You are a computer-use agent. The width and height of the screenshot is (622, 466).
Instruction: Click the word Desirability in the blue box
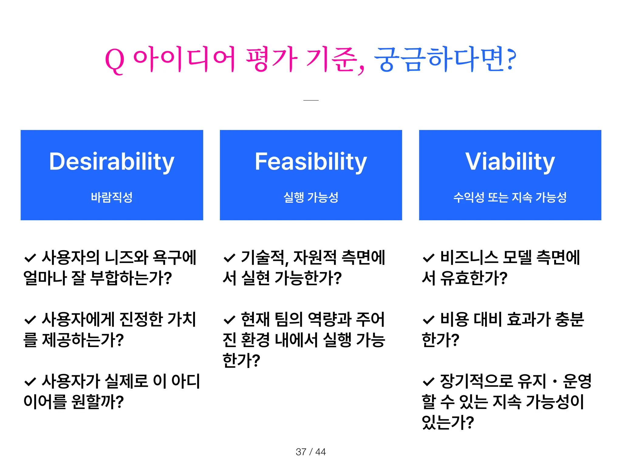111,161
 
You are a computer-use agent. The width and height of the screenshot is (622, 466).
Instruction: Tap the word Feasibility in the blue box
311,161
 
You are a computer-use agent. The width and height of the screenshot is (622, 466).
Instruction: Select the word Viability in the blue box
510,161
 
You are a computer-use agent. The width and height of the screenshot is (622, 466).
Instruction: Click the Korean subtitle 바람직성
111,197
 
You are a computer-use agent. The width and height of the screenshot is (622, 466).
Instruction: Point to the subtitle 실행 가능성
311,197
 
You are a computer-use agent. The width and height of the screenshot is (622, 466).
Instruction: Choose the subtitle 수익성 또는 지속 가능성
510,197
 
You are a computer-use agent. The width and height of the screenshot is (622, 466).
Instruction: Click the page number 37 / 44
311,452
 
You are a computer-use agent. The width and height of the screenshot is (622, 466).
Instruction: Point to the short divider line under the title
311,100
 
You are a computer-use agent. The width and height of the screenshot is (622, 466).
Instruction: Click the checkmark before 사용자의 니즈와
30,258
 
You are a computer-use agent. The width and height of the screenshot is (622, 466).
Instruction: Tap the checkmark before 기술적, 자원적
229,258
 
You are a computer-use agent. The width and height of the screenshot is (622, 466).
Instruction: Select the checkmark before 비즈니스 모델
429,258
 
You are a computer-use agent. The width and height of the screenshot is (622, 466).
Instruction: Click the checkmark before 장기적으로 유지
429,381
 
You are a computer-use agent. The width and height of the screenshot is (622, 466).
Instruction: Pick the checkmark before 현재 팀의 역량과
229,319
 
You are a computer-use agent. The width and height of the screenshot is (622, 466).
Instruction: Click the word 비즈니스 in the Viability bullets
469,257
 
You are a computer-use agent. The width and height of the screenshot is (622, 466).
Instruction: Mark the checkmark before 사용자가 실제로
30,381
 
